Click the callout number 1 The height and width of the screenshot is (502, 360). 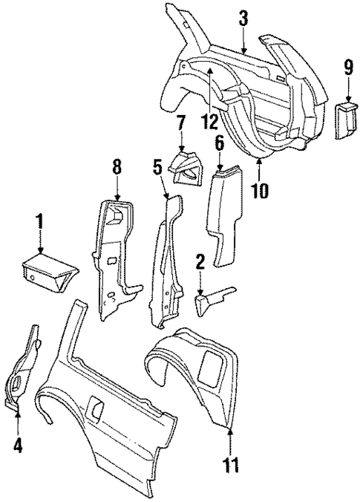(x=40, y=222)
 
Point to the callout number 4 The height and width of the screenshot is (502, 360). (x=19, y=446)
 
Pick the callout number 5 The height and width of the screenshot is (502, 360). (x=157, y=166)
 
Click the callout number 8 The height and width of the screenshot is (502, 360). (x=117, y=168)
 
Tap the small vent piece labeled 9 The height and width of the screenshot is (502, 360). (x=347, y=120)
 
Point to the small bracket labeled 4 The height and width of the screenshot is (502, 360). (x=24, y=371)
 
